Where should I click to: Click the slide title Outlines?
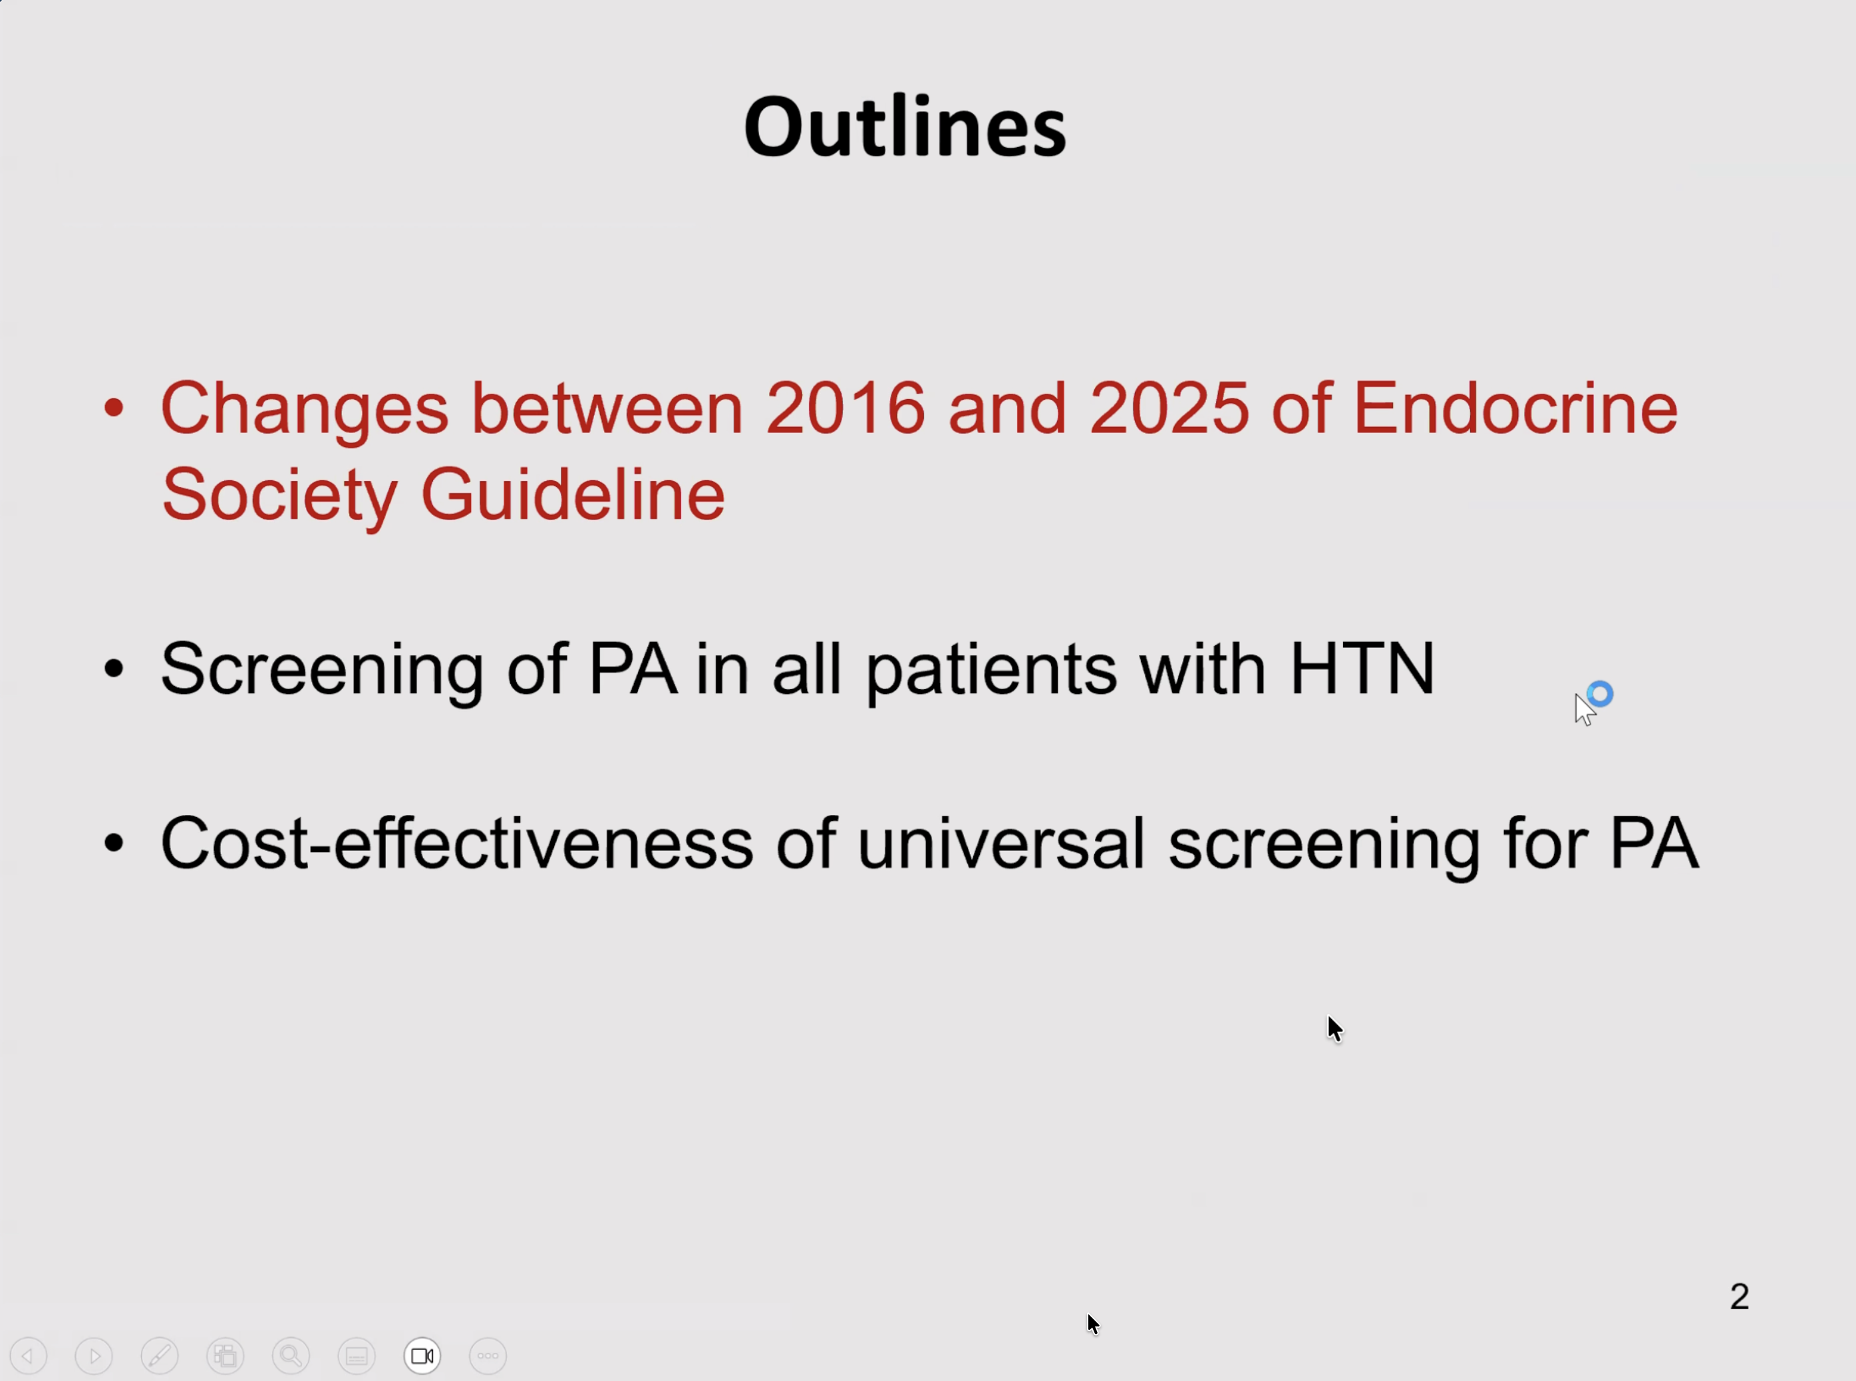point(905,126)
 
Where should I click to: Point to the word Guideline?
point(573,494)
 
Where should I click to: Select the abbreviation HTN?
point(1362,668)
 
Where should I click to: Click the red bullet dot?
point(114,409)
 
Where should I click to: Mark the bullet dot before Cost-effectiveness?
point(114,843)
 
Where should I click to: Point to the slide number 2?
point(1739,1297)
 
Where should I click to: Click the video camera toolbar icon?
point(422,1356)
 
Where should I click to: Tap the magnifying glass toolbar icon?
point(291,1356)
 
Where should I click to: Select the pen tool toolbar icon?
point(160,1356)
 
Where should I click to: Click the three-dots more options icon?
point(488,1356)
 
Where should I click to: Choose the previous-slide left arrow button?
point(29,1356)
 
